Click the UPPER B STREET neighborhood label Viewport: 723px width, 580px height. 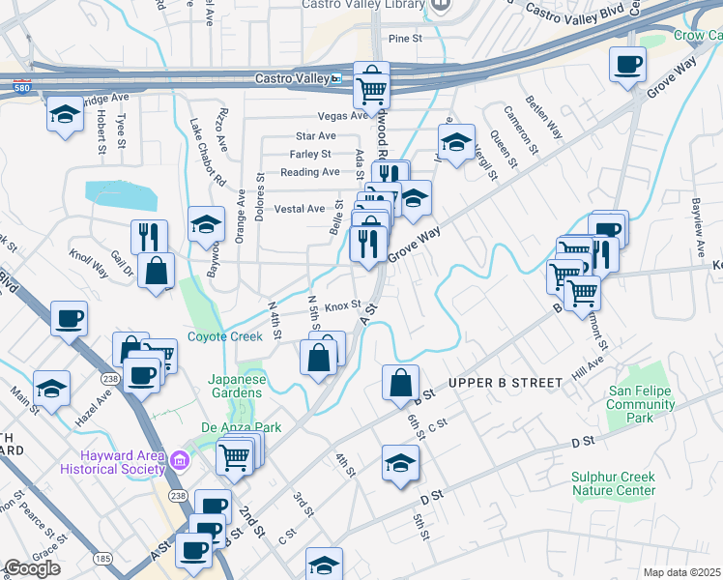coord(506,383)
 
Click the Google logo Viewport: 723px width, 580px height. coord(32,568)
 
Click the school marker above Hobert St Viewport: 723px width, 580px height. coord(65,115)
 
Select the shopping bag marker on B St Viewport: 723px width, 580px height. coord(400,382)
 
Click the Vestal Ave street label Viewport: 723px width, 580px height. coord(301,209)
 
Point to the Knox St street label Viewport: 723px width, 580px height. coord(342,306)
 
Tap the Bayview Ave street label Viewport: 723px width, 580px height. coord(700,228)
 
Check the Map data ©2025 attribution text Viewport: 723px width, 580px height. coord(681,572)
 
